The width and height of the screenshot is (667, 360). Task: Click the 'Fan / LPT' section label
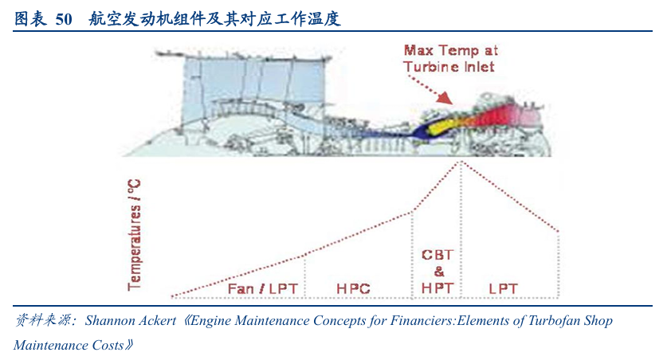262,288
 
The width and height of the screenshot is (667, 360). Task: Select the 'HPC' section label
354,288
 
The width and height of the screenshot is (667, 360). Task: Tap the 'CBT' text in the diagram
437,255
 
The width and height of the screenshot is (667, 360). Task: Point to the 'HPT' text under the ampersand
437,287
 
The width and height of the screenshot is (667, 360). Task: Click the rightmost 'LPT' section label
504,288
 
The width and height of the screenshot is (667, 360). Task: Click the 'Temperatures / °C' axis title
135,233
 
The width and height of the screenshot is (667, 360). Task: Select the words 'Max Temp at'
451,50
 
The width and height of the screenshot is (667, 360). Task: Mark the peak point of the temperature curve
461,162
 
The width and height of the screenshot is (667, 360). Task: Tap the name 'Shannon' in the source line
112,322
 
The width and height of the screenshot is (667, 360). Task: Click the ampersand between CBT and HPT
437,271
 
